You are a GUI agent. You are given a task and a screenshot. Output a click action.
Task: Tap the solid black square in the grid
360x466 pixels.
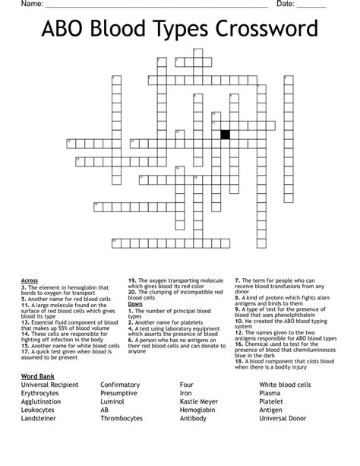(x=225, y=135)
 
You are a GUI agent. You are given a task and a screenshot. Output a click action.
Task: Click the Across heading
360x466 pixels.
(x=30, y=280)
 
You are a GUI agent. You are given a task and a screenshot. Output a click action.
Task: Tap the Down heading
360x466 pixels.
(x=135, y=303)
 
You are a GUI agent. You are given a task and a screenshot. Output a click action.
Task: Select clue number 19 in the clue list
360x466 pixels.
(x=131, y=280)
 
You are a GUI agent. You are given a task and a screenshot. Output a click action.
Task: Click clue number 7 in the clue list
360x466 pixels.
(x=236, y=280)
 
